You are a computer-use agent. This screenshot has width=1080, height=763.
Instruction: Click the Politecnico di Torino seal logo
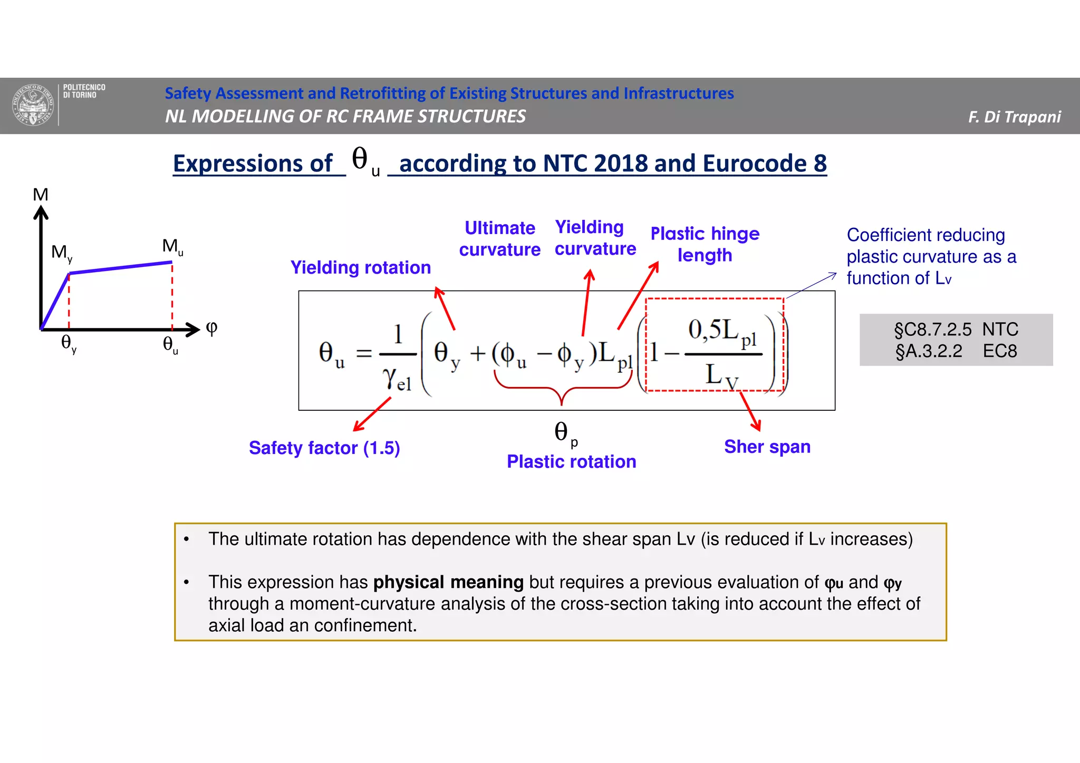(33, 105)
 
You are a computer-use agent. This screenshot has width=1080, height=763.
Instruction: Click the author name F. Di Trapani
(1014, 117)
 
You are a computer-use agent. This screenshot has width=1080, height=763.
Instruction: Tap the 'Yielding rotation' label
(361, 267)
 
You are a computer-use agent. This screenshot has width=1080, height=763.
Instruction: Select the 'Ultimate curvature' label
(499, 238)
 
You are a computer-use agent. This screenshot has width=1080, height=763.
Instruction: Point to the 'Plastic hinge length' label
(705, 244)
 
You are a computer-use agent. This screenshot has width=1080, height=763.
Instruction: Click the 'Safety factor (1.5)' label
(324, 448)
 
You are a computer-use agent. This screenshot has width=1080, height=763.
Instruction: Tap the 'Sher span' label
(767, 447)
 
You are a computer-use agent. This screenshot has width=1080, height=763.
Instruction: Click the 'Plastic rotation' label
(571, 461)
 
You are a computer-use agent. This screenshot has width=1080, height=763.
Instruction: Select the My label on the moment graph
(61, 253)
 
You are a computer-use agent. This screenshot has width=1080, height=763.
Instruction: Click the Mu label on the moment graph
(172, 246)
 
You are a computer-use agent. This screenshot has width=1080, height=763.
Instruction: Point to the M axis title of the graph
(41, 195)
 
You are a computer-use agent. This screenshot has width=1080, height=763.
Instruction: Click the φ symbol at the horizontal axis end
(211, 328)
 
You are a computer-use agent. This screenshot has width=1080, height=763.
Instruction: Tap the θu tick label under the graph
(170, 345)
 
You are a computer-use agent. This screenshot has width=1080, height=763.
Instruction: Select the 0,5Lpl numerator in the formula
(722, 332)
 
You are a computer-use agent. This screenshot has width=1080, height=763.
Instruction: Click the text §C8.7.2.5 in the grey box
(932, 330)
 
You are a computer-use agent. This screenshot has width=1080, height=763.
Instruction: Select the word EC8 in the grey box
(999, 351)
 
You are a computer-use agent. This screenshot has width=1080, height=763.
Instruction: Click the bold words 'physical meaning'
(448, 582)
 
